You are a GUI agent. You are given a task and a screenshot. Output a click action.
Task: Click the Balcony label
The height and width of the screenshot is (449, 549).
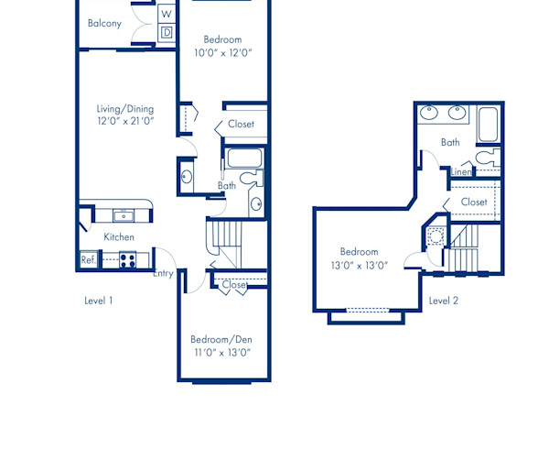point(104,24)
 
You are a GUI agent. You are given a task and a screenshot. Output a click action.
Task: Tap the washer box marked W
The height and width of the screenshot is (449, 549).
point(167,14)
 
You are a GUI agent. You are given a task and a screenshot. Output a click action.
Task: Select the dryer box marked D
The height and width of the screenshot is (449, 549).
point(167,32)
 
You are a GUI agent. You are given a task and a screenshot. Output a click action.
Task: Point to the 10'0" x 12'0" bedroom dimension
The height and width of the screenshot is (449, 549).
point(222,53)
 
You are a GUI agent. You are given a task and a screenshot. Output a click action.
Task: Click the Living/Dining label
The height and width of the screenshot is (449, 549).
point(124,108)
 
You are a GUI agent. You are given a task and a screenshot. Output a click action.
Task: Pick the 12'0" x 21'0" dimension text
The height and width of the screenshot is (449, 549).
point(124,121)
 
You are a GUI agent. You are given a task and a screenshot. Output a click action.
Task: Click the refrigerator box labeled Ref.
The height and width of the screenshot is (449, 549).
point(88,260)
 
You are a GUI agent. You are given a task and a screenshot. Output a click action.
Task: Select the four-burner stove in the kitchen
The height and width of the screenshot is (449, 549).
point(128,259)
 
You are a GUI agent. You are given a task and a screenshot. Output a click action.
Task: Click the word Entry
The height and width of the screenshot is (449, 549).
point(163,273)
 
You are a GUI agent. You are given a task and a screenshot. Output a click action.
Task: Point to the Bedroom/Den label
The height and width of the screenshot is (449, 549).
point(222,338)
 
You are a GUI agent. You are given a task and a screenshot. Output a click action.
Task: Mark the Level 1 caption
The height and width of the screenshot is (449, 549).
point(99,301)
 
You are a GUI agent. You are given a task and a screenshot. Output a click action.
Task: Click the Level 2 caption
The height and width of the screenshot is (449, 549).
point(443,301)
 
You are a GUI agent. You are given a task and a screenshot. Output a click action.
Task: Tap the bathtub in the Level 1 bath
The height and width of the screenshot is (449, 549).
point(244,158)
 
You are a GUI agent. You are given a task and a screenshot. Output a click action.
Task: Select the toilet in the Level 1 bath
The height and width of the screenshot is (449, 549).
point(257,179)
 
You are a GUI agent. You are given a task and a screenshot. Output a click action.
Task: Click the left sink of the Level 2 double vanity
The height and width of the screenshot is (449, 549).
point(431,115)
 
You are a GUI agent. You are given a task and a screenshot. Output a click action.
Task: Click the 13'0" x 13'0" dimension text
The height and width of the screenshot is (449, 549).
point(359,266)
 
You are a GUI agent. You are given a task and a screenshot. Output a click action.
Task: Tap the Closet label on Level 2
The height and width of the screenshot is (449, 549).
point(474,202)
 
